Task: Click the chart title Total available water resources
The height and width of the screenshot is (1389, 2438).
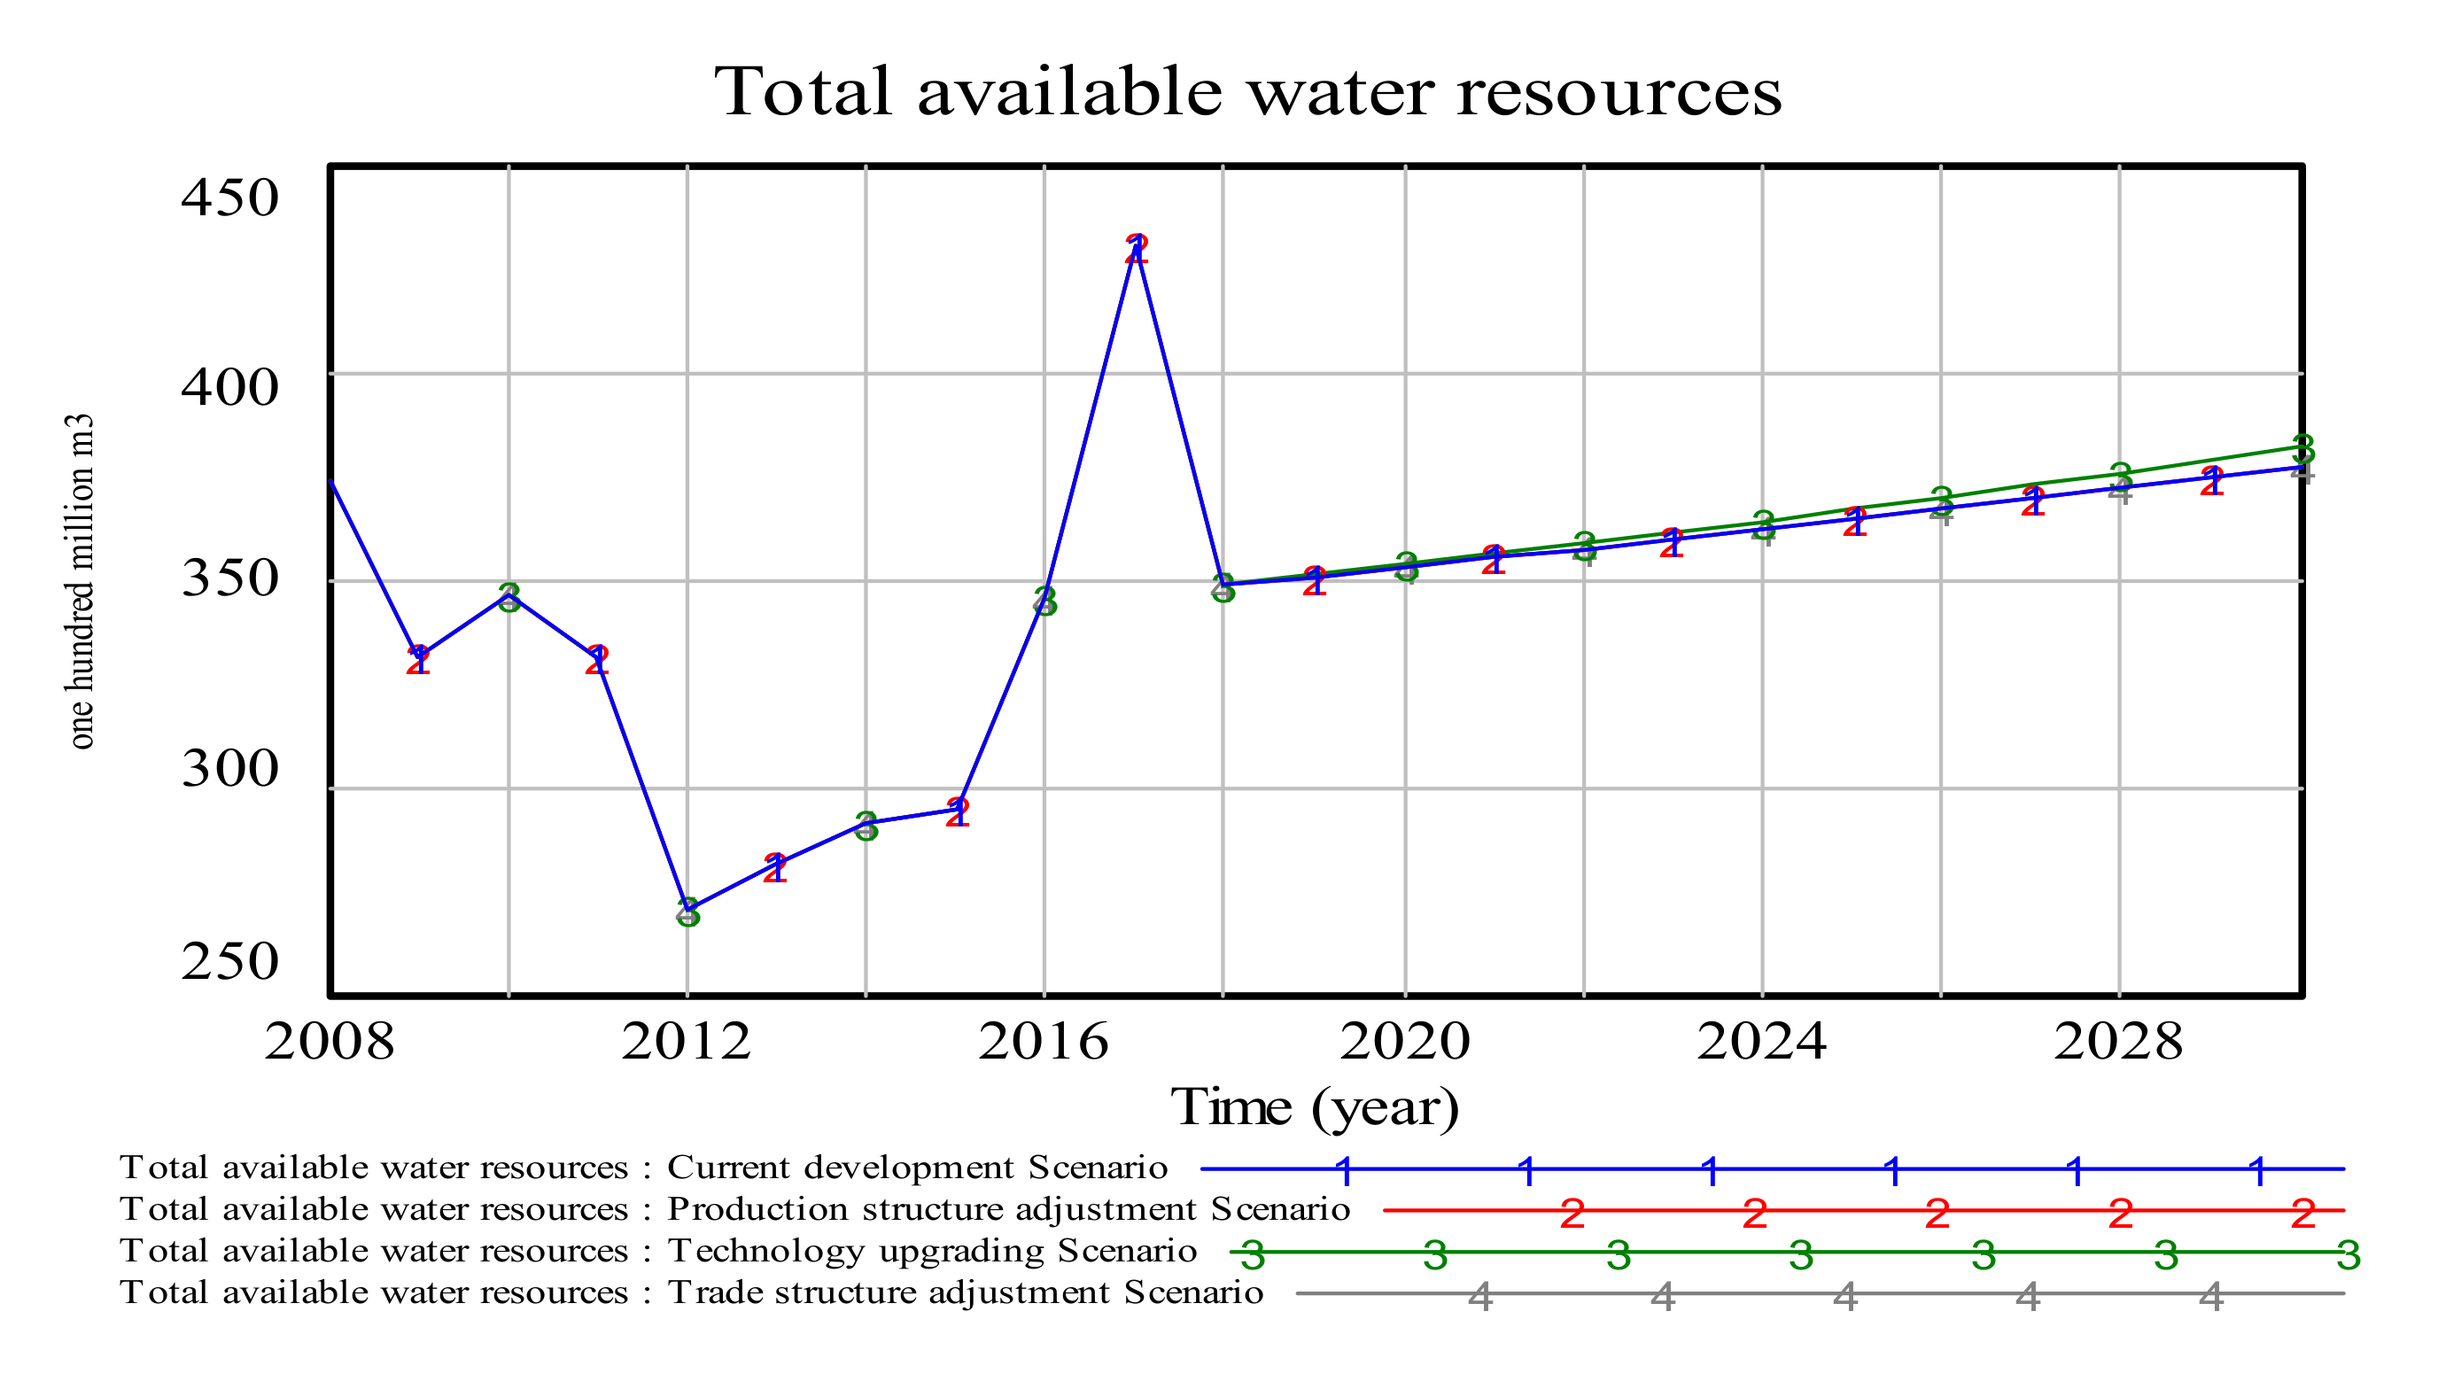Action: [1247, 92]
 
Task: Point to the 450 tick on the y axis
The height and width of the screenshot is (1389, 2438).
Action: [229, 198]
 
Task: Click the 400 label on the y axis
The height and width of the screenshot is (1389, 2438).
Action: [229, 387]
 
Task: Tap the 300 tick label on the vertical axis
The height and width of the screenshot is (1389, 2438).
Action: [229, 768]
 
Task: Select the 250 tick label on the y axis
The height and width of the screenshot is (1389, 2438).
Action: [229, 960]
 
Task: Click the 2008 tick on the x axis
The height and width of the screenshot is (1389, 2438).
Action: [329, 1041]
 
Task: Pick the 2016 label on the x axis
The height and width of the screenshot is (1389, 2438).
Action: [1044, 1041]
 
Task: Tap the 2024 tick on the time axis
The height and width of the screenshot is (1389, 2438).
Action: [1761, 1041]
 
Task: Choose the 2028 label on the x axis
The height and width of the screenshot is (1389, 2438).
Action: [2118, 1041]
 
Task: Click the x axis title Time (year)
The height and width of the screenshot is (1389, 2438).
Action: [1315, 1107]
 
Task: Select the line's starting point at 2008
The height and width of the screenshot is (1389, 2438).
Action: [331, 482]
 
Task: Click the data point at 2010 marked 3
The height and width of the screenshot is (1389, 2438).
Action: [509, 596]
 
